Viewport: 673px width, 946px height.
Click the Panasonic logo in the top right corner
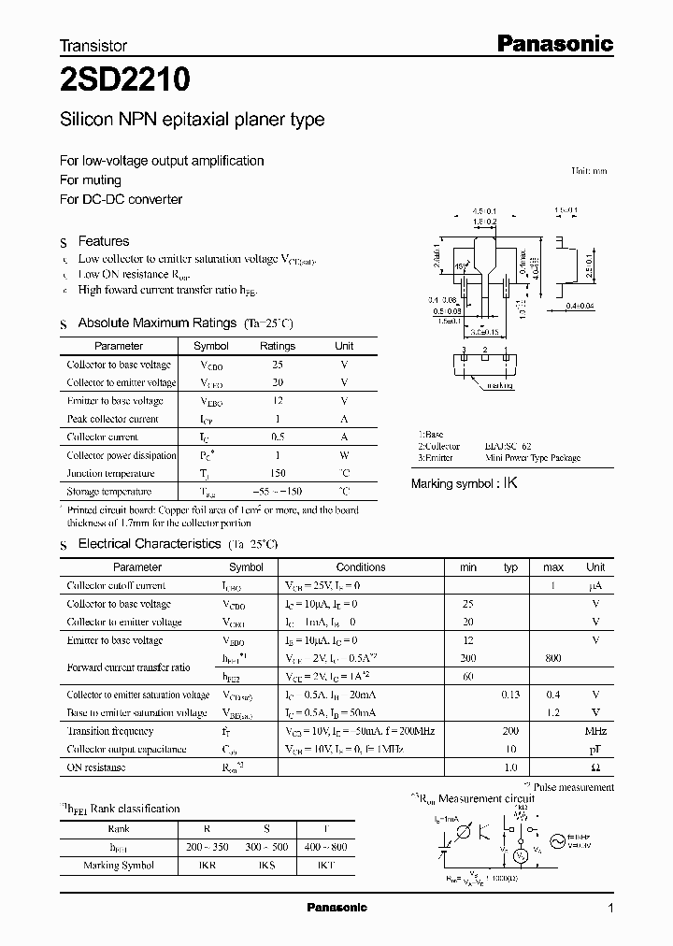(552, 43)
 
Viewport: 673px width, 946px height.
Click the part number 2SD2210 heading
(125, 79)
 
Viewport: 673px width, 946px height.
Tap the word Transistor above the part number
(93, 45)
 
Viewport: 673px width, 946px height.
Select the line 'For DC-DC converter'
(121, 199)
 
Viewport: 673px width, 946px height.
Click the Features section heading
(103, 241)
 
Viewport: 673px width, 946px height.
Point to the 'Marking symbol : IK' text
(465, 483)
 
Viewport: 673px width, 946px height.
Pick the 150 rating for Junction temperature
(277, 473)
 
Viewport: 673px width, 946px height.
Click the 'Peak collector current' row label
(112, 419)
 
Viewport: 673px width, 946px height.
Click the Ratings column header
(277, 346)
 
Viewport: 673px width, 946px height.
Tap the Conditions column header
(361, 567)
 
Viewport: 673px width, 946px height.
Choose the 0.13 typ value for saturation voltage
(510, 695)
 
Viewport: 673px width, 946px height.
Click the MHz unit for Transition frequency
(595, 731)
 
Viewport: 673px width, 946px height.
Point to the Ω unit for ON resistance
(595, 767)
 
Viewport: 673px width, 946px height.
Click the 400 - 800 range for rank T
(324, 847)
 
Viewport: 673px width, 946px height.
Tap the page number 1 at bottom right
(610, 909)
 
